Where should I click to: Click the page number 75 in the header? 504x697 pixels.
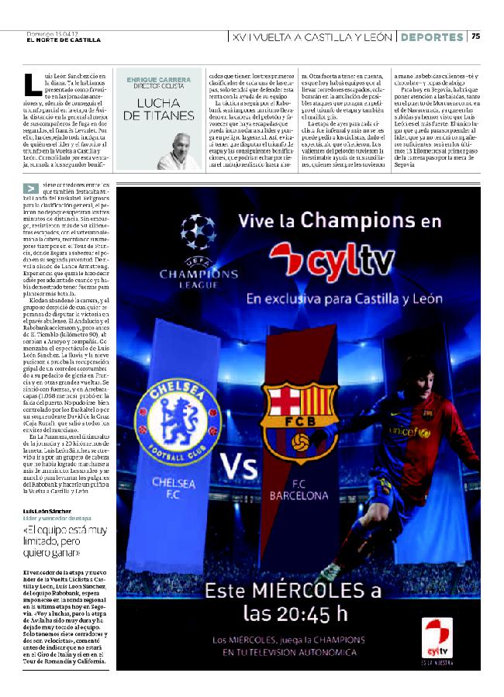click(476, 36)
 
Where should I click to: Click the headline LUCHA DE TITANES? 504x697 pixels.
click(159, 109)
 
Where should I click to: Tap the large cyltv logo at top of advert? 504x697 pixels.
click(326, 261)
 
